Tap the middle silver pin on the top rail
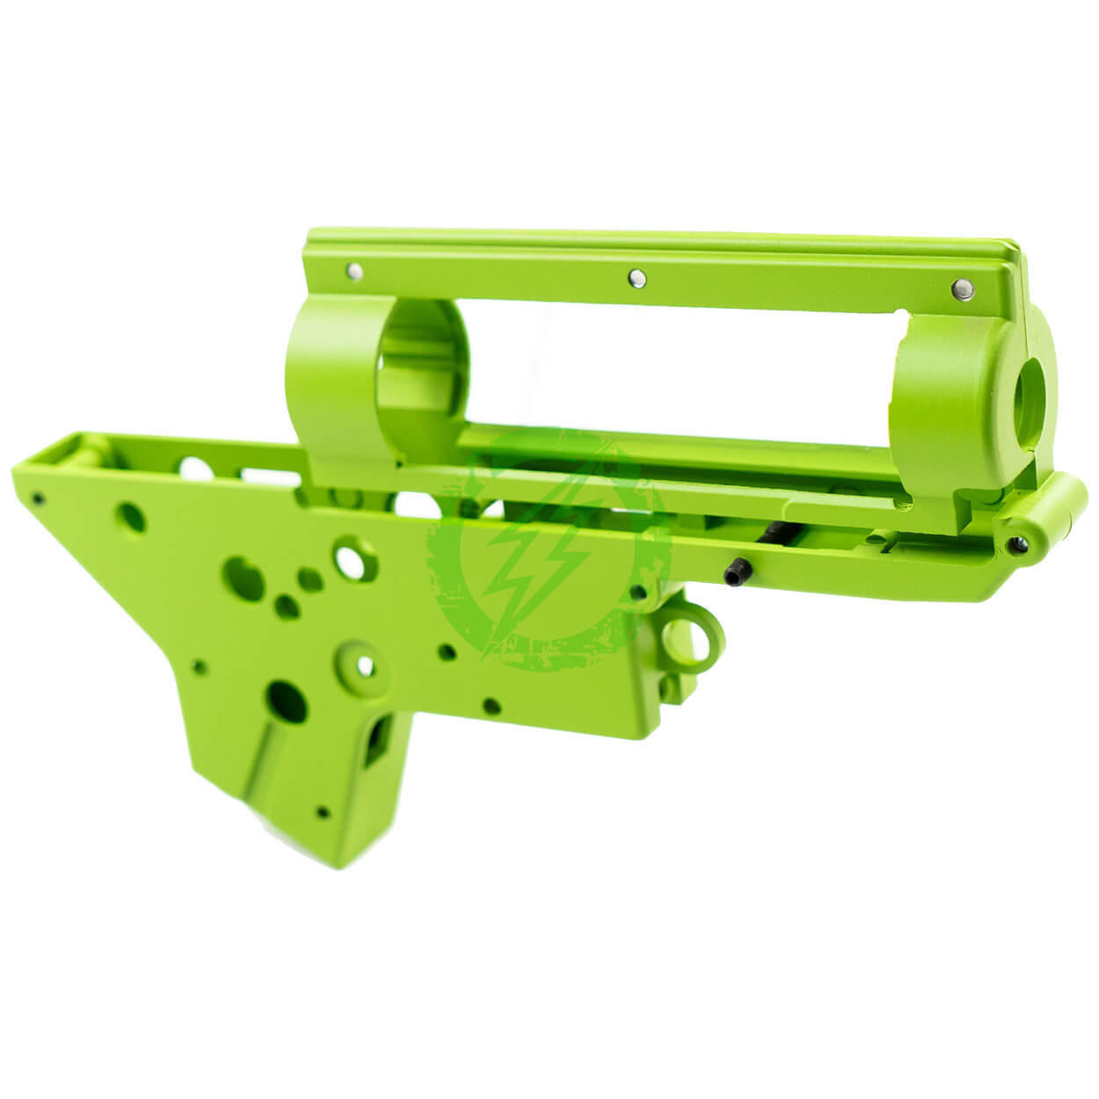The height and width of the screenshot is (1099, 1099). point(633,278)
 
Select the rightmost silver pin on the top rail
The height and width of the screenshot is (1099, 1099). point(961,287)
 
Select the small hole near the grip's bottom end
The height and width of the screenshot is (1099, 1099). point(324,812)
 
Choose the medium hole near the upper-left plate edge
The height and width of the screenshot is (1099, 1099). point(133,515)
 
